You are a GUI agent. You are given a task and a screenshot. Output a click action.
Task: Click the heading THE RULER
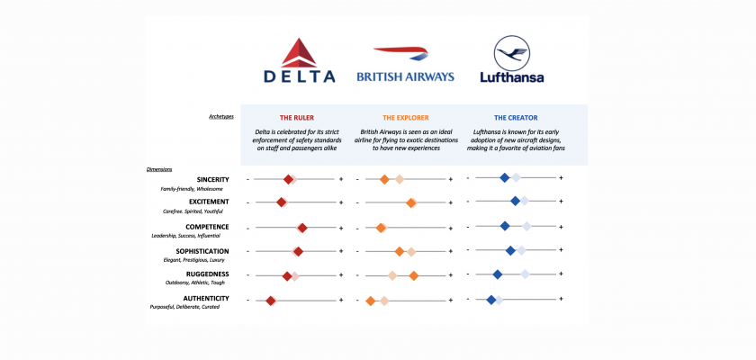click(x=296, y=118)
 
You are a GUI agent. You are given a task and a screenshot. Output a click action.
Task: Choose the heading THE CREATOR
click(x=515, y=118)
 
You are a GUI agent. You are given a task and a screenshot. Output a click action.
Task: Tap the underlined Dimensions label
click(x=159, y=169)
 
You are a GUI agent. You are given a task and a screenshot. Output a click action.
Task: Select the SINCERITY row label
click(x=212, y=179)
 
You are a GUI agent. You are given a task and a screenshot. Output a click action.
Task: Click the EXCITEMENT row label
click(x=209, y=202)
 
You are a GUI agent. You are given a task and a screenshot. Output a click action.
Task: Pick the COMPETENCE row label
click(x=207, y=227)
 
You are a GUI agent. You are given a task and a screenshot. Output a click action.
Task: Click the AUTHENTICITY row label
click(x=205, y=298)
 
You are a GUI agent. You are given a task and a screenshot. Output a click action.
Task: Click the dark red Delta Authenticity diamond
click(x=270, y=301)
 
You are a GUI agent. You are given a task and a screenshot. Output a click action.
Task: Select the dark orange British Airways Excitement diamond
click(x=411, y=202)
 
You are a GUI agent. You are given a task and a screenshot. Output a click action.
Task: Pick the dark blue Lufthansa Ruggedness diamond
click(x=497, y=274)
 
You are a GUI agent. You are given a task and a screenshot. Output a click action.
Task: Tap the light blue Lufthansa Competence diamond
click(x=526, y=226)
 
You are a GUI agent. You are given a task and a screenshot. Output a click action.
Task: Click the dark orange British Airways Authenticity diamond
click(x=370, y=301)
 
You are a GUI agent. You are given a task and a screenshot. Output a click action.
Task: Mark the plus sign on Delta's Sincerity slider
click(x=341, y=179)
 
